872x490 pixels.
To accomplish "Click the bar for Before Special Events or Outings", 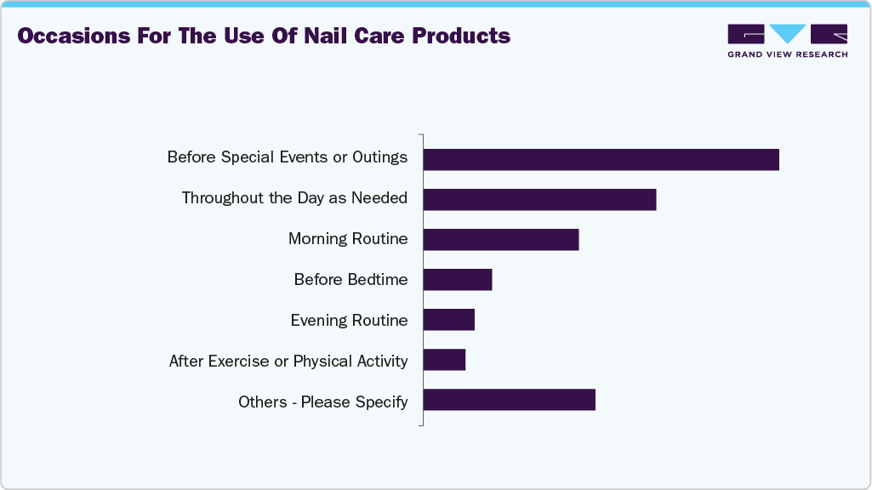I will tap(601, 159).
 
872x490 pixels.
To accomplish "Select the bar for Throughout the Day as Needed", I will tap(539, 199).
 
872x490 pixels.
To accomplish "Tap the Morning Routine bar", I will tap(500, 240).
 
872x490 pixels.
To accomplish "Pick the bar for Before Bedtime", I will tap(458, 280).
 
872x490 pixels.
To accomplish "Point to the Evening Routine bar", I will tap(448, 320).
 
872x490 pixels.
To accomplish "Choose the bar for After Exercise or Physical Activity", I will tap(444, 360).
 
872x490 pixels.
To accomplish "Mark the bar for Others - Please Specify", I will tap(509, 400).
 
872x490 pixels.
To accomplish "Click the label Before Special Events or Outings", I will tap(287, 157).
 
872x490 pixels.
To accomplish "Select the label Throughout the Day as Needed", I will tap(294, 198).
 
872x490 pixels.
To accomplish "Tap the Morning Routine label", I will tap(348, 239).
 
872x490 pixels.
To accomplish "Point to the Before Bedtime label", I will tap(351, 279).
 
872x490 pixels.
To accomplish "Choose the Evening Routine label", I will tap(349, 320).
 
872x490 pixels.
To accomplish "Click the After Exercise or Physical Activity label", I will tap(288, 361).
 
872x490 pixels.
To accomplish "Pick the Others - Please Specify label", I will tap(322, 402).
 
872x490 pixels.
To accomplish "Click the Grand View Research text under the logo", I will tap(787, 54).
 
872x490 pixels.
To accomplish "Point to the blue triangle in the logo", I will tap(788, 33).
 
